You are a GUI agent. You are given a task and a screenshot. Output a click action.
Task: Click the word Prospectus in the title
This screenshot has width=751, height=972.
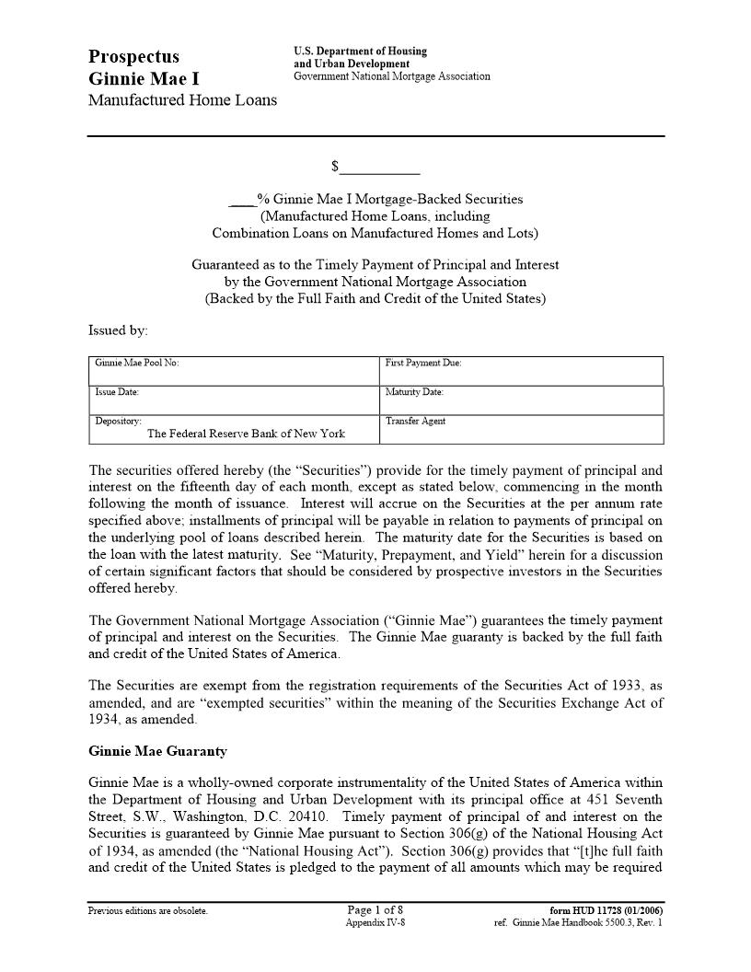pos(133,57)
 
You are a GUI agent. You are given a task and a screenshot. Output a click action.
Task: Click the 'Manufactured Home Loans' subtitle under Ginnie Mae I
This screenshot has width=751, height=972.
pos(182,100)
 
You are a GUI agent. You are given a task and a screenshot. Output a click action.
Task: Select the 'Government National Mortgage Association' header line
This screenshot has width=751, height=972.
pos(392,76)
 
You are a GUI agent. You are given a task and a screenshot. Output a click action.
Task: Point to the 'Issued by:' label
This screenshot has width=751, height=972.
pos(118,330)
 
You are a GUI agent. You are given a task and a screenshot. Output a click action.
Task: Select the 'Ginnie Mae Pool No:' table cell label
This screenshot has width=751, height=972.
pos(136,363)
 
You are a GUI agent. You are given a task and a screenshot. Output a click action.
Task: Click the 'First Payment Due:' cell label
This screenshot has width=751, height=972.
pos(423,363)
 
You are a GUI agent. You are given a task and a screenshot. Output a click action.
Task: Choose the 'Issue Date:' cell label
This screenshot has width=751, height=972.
pos(117,392)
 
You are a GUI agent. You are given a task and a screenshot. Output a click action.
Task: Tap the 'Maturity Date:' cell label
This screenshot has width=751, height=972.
pos(414,392)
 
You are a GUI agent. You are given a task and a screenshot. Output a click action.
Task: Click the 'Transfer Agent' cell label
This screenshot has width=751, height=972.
pos(415,421)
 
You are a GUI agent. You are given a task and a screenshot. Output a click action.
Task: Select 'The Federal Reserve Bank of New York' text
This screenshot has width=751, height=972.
pos(246,434)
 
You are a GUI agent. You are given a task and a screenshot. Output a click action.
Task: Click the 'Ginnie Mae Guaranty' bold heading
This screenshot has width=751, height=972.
pos(157,751)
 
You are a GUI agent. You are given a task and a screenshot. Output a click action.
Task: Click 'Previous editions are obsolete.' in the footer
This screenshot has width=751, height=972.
pos(148,911)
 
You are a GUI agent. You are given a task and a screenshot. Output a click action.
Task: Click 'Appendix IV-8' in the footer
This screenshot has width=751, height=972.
pos(375,922)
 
